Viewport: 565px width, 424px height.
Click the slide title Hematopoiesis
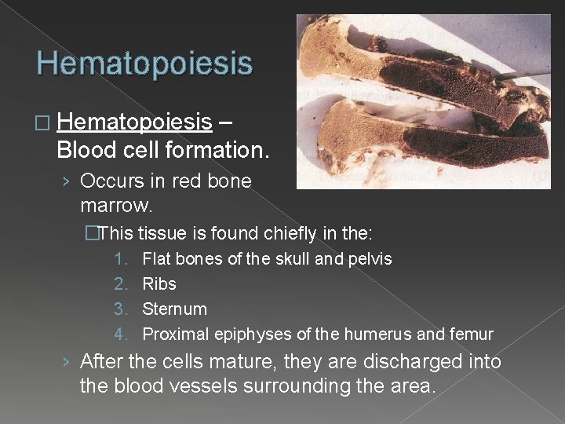click(144, 63)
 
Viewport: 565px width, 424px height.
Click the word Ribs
click(159, 283)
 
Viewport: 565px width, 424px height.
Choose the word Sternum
click(174, 309)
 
